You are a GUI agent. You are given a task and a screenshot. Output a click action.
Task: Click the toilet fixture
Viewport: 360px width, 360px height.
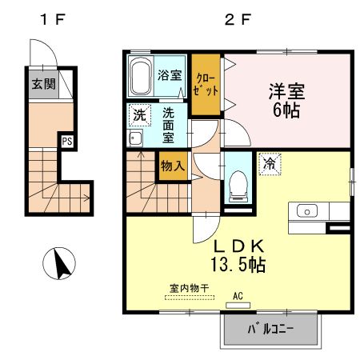pos(237,185)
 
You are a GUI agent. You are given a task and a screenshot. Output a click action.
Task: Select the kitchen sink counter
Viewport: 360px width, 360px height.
pos(317,211)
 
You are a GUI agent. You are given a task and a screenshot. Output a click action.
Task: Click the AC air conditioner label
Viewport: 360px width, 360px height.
pos(237,296)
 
